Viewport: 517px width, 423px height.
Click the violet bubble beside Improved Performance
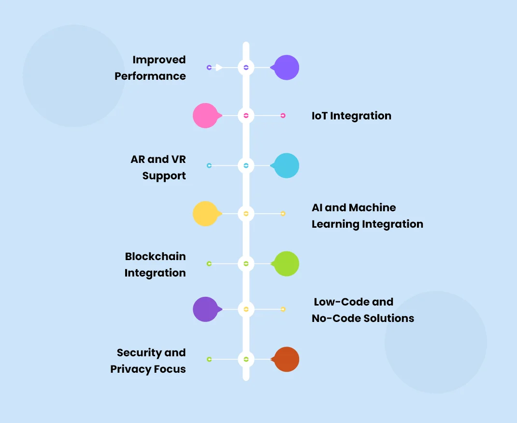pos(287,68)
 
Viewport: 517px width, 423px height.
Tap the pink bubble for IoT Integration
pos(205,116)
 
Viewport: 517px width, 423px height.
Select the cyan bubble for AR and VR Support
pos(287,166)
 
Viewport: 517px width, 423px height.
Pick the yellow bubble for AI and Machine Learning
pos(205,214)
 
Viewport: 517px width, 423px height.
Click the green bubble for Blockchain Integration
pos(287,264)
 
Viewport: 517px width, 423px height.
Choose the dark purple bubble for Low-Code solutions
pos(205,309)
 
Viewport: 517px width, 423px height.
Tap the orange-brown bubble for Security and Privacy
pos(287,360)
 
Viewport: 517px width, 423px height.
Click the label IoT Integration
pos(351,116)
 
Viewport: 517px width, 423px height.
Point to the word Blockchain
pos(155,256)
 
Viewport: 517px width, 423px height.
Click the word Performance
pos(150,76)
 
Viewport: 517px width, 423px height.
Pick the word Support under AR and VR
pos(164,176)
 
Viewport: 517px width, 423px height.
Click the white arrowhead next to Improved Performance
pos(219,68)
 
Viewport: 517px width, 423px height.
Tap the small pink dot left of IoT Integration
pos(283,116)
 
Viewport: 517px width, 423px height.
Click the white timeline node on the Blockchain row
pos(246,264)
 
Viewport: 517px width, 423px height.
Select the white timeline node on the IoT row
pos(246,116)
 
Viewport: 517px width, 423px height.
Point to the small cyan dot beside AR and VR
pos(209,166)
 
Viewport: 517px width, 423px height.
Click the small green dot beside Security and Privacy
pos(209,360)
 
